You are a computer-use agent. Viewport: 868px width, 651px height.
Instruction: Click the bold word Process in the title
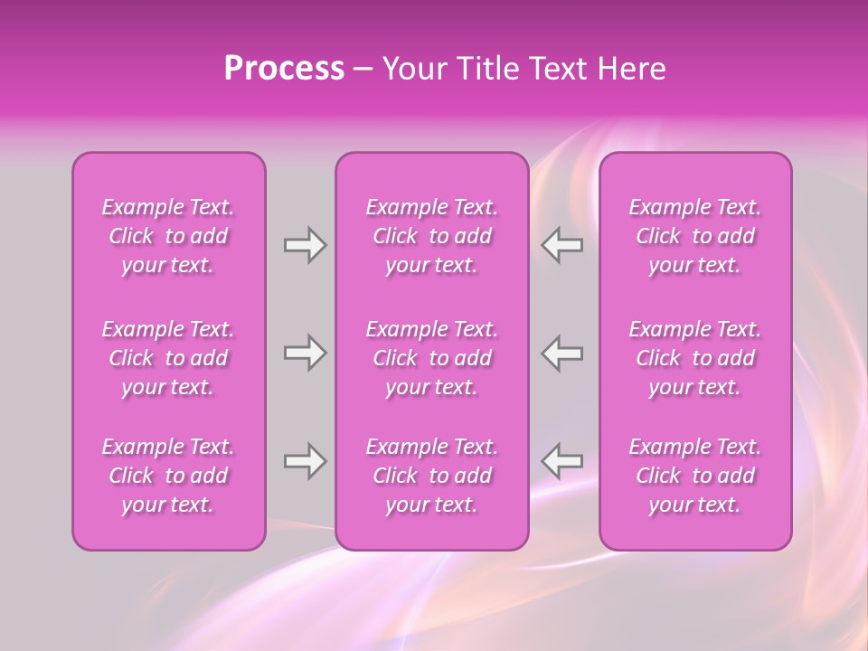284,69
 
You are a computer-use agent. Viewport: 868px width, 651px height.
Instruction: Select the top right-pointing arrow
306,245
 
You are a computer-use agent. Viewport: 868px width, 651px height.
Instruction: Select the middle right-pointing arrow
306,353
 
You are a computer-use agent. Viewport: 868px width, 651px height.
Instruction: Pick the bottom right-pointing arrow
306,461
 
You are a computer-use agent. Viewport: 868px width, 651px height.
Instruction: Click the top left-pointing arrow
562,245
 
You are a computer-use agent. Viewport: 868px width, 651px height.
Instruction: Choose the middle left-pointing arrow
562,353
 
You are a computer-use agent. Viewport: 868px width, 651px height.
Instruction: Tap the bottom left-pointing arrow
562,461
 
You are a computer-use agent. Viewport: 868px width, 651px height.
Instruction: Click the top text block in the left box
168,236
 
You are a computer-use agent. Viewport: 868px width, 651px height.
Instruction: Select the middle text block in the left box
168,358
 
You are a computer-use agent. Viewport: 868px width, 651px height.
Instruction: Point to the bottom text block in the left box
168,476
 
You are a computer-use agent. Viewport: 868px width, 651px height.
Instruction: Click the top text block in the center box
432,236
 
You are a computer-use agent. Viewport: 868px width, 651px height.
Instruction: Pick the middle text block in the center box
432,358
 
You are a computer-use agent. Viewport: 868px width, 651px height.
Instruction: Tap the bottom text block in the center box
432,476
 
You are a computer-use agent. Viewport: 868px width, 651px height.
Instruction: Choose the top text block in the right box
695,236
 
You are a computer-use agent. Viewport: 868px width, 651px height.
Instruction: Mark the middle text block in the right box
695,358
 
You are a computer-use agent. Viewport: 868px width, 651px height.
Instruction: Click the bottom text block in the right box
695,476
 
